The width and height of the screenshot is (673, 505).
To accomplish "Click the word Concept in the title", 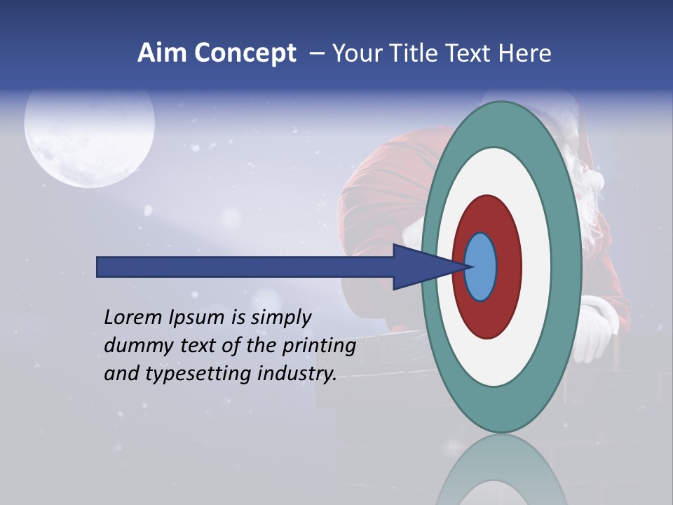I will (245, 53).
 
